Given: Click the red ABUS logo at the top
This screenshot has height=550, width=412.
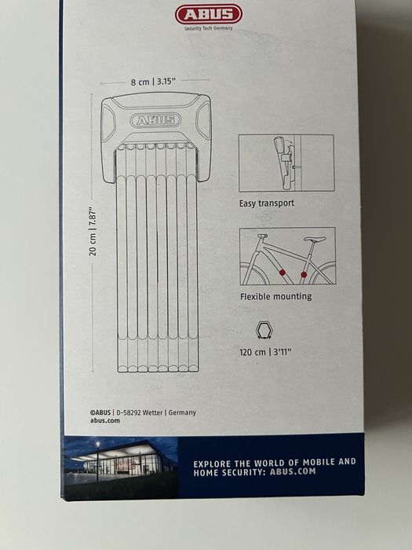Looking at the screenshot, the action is (208, 14).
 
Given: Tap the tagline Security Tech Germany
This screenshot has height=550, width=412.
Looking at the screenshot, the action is (209, 28).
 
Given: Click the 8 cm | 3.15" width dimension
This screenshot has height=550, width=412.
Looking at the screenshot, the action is (153, 82).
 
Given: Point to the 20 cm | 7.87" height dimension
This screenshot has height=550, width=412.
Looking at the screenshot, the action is (93, 233).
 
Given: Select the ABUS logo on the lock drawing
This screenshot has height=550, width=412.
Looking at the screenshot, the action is (155, 120).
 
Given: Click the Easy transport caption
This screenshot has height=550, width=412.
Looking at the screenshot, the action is (267, 203).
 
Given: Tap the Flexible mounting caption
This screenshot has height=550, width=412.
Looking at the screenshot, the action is (275, 297).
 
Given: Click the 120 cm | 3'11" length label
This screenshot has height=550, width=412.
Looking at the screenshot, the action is (265, 352).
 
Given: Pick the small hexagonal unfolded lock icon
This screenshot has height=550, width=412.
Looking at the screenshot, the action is (264, 330).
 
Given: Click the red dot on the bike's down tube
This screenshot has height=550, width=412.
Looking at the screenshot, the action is (283, 273).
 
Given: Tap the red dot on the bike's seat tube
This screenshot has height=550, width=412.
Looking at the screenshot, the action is (304, 275).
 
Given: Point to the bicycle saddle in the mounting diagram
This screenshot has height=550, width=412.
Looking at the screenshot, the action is (315, 239).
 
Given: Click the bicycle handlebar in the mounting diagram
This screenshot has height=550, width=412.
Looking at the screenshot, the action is (262, 236).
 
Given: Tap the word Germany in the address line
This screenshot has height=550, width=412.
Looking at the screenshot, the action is (182, 412).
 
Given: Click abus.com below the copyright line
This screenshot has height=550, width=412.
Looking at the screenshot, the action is (104, 420).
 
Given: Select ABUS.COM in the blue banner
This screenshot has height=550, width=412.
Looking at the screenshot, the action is (293, 471).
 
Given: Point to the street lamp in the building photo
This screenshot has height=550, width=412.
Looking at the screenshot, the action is (98, 460).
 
